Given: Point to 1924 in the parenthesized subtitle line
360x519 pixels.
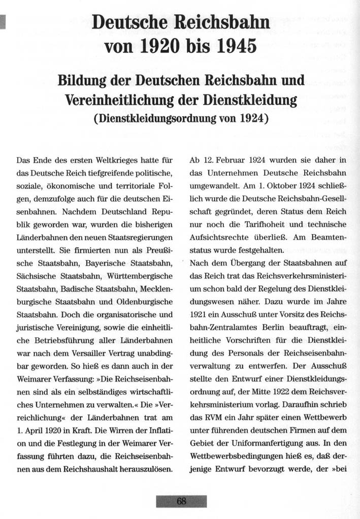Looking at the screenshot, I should (x=246, y=120).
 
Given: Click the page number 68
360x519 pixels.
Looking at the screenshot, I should (x=181, y=501).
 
